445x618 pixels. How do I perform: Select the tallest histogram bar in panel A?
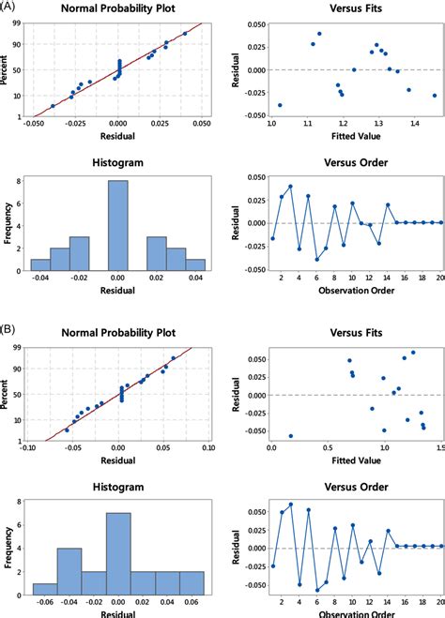tap(117, 226)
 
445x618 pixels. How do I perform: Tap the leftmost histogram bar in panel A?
tap(40, 264)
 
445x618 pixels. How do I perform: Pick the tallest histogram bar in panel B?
tap(117, 554)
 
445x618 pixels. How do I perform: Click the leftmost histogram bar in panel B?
tap(45, 589)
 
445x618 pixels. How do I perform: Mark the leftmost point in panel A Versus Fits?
tap(280, 105)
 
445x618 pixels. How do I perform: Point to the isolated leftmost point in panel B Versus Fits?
tap(290, 436)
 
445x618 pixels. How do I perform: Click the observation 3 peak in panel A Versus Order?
tap(290, 187)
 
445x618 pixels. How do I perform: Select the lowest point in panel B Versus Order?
tap(317, 589)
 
